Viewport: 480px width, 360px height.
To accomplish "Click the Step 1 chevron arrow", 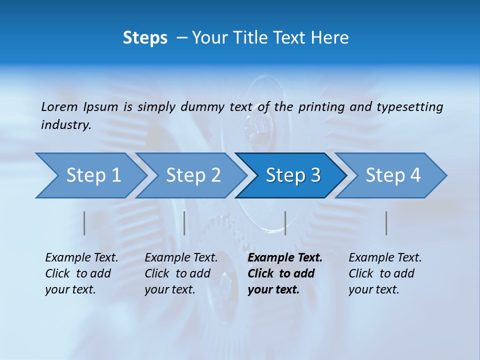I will [90, 175].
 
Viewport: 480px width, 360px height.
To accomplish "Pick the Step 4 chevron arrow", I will [392, 175].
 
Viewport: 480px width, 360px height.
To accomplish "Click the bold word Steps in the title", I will [145, 38].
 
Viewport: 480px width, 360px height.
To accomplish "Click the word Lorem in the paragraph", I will [59, 106].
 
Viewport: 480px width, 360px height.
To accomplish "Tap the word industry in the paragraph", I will [65, 124].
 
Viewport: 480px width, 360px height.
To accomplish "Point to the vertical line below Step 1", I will [84, 223].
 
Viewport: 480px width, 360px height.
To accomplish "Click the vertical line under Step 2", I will [184, 223].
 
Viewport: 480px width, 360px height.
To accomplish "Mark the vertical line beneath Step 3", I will [285, 223].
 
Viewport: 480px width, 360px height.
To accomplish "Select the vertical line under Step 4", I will [386, 223].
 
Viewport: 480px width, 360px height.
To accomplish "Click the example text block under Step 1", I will [81, 273].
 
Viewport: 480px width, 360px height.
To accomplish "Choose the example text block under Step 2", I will [181, 273].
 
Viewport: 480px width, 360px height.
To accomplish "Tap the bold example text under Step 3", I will [285, 273].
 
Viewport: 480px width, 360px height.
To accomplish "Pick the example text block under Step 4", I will [385, 273].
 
